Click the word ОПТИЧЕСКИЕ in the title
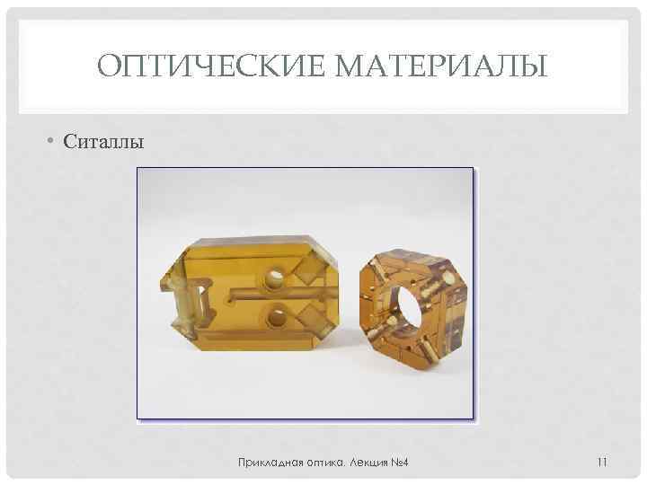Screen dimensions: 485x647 pyautogui.click(x=194, y=66)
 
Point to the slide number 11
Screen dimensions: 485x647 pyautogui.click(x=602, y=463)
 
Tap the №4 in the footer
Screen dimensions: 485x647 pyautogui.click(x=401, y=463)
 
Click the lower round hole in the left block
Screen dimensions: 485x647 pyautogui.click(x=276, y=315)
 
